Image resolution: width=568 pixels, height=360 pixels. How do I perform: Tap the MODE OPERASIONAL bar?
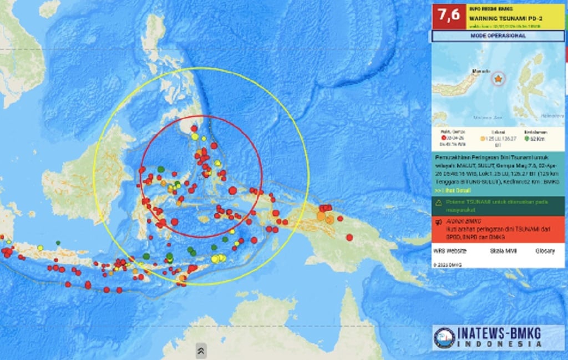tap(498, 36)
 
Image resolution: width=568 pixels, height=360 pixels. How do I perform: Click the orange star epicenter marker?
tap(498, 79)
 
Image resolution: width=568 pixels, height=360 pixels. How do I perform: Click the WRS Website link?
tap(450, 251)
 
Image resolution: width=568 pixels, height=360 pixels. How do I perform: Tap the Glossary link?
tap(545, 251)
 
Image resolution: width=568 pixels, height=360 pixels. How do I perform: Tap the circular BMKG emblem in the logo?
tap(445, 337)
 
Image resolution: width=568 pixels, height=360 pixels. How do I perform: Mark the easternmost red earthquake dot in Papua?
tap(349, 237)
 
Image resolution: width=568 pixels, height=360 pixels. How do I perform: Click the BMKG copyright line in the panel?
tap(448, 265)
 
